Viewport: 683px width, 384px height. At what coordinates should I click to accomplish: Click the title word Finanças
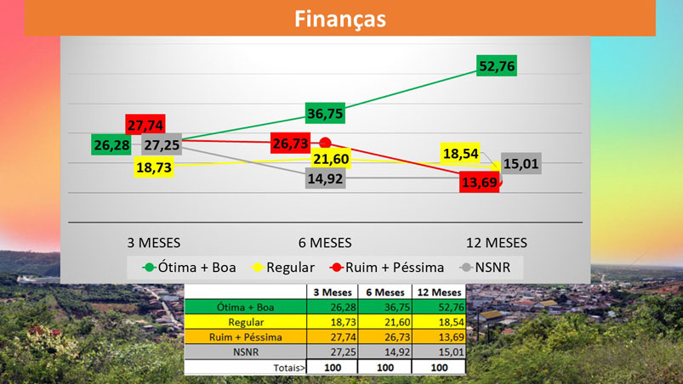click(x=340, y=18)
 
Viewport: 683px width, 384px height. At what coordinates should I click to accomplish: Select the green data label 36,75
click(x=326, y=113)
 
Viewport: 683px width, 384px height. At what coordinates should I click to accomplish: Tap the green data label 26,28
click(x=112, y=145)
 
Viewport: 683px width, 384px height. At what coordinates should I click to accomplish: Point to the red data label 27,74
click(x=146, y=124)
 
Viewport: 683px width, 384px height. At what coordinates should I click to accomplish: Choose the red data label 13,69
click(x=480, y=182)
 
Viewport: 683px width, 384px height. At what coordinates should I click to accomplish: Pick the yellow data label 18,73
click(x=155, y=167)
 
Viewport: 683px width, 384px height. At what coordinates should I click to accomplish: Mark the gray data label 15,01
click(x=521, y=163)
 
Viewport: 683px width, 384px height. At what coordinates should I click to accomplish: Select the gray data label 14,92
click(x=326, y=178)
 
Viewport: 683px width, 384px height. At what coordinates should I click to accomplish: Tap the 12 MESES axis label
click(x=497, y=242)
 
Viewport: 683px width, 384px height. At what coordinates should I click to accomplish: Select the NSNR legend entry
click(x=494, y=268)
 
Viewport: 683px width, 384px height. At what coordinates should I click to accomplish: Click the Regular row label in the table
click(x=245, y=322)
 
